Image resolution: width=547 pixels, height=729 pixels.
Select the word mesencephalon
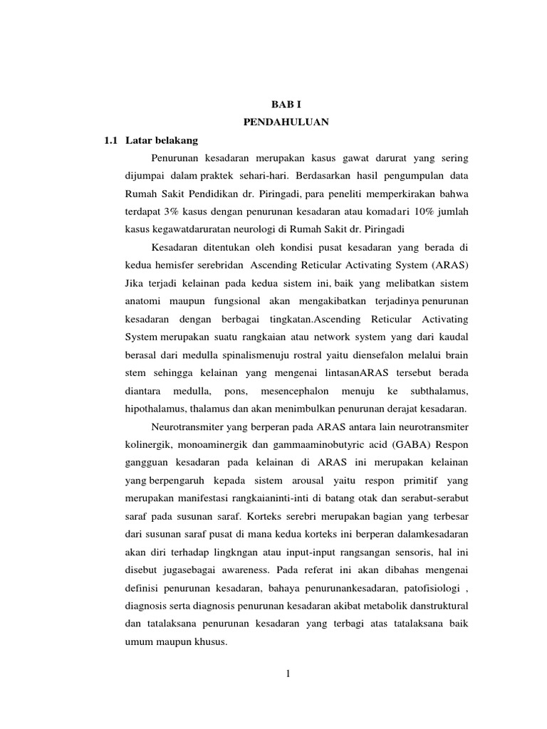(x=293, y=391)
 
